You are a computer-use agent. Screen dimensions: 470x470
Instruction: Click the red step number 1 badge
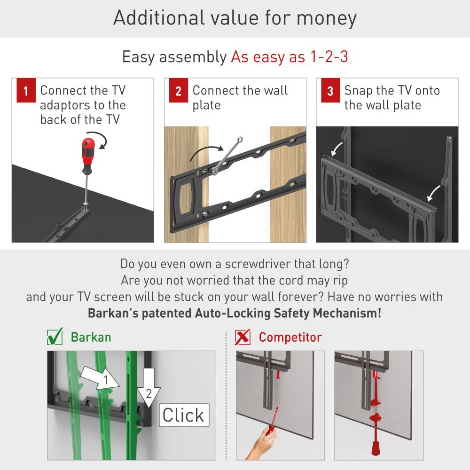(x=26, y=91)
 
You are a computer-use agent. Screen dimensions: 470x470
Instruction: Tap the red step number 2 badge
(x=178, y=91)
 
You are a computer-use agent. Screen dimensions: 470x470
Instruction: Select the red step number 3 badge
(x=330, y=91)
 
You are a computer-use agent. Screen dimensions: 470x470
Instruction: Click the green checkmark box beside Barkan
(x=55, y=337)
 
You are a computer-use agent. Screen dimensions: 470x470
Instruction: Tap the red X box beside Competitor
(x=243, y=337)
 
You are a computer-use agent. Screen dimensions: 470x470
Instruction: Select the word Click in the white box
(x=183, y=415)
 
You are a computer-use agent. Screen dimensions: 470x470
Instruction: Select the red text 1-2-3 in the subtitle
(x=329, y=57)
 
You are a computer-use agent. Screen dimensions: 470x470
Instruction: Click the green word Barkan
(x=91, y=337)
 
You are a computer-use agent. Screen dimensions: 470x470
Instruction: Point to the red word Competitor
(x=290, y=337)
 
